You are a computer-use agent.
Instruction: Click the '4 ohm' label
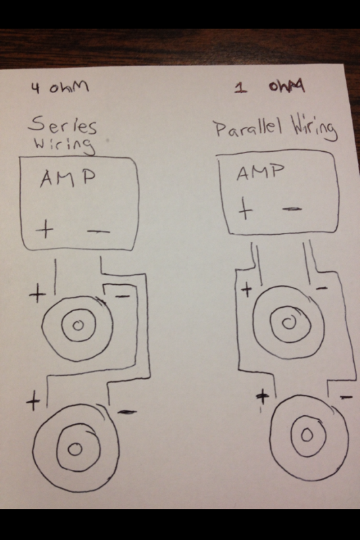(59, 88)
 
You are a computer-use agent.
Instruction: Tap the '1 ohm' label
(269, 87)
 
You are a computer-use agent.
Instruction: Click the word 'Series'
(62, 125)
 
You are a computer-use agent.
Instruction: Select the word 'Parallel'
(249, 128)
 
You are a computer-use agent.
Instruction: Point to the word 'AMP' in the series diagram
(68, 178)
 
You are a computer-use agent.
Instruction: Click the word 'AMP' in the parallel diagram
(261, 172)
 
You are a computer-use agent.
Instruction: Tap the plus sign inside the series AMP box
(45, 230)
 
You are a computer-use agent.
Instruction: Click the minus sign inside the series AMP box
(99, 232)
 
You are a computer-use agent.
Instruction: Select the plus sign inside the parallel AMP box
(245, 209)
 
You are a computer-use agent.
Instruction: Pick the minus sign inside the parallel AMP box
(292, 209)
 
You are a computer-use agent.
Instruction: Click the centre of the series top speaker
(78, 325)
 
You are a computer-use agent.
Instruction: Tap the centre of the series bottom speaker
(75, 449)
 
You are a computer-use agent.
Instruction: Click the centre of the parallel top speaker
(288, 323)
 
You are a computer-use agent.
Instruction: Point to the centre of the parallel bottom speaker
(307, 435)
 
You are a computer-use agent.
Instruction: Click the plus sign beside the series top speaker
(37, 294)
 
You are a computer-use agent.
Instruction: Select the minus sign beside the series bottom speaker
(127, 411)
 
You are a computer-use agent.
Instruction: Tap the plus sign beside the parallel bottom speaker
(263, 397)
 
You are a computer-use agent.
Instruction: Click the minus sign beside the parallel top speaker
(322, 288)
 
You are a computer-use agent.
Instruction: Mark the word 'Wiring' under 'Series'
(64, 145)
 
